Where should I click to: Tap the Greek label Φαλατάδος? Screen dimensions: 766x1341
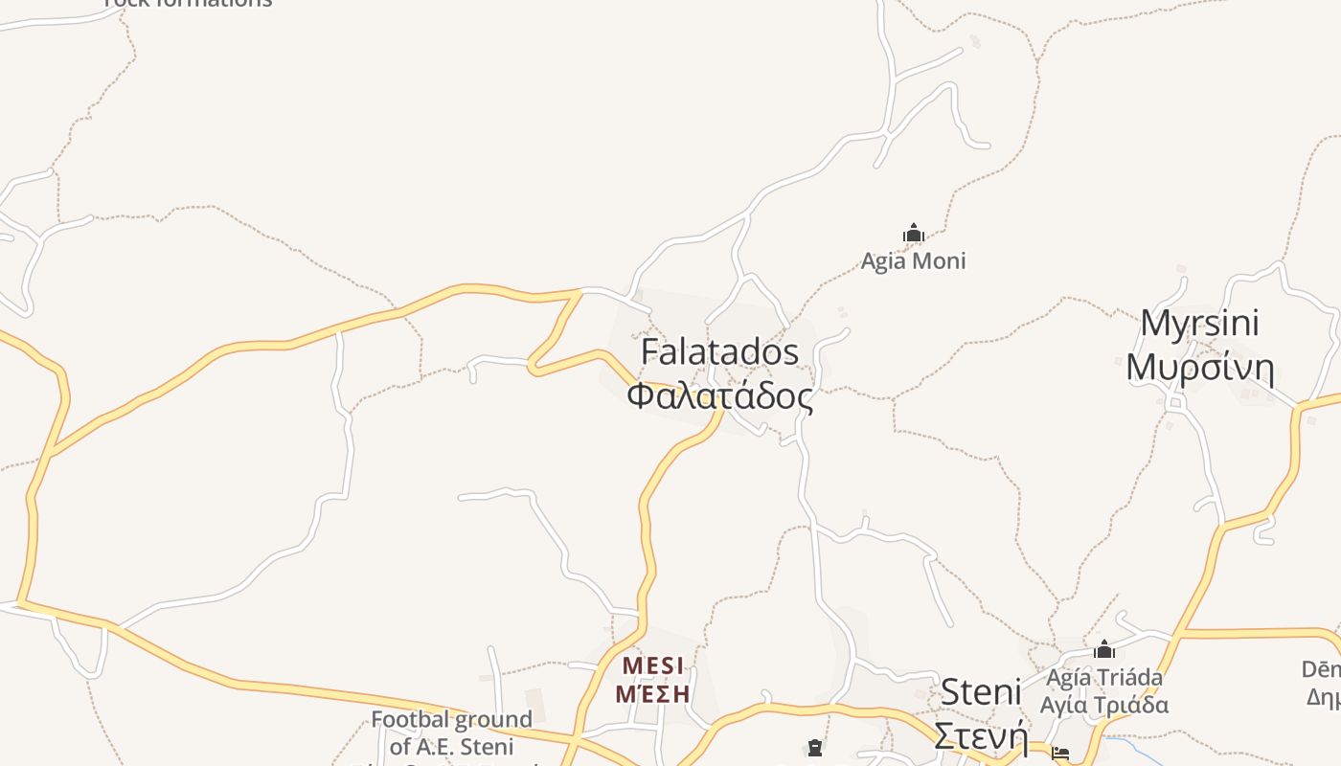point(719,395)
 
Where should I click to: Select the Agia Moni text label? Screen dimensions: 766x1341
point(913,260)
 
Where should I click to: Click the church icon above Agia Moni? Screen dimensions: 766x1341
point(913,233)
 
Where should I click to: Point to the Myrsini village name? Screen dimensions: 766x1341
point(1199,324)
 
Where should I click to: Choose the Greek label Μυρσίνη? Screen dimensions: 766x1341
point(1199,368)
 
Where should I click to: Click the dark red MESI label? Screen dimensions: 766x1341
point(653,665)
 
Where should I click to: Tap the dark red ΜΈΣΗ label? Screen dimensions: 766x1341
point(652,693)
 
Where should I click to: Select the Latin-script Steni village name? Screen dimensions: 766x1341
point(981,691)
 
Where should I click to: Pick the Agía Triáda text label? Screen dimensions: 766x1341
point(1104,678)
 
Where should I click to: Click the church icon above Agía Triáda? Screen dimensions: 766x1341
point(1104,650)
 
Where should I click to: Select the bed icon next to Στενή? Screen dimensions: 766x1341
point(1060,754)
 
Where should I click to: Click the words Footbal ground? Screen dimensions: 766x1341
point(451,719)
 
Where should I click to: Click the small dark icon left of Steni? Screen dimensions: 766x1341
point(815,747)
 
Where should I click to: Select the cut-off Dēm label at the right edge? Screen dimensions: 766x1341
point(1321,668)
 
